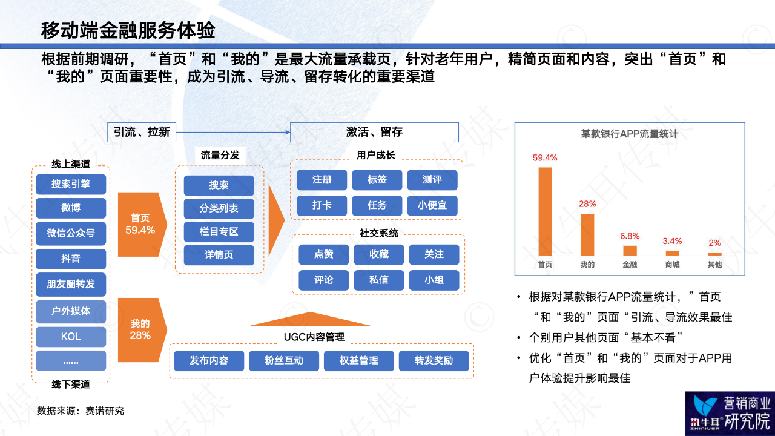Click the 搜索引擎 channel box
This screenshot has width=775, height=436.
pyautogui.click(x=71, y=184)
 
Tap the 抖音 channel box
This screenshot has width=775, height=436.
pyautogui.click(x=71, y=259)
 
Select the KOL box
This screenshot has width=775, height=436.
pyautogui.click(x=71, y=336)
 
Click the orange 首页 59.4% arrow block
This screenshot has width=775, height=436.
pyautogui.click(x=142, y=224)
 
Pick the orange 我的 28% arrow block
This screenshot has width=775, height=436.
pyautogui.click(x=142, y=330)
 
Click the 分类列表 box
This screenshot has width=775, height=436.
pyautogui.click(x=219, y=208)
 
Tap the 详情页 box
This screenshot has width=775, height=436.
pyautogui.click(x=219, y=255)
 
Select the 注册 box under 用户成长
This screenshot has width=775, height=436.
pyautogui.click(x=322, y=180)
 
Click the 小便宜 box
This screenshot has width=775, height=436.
pyautogui.click(x=432, y=205)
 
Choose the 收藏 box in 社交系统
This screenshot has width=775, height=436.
pyautogui.click(x=379, y=254)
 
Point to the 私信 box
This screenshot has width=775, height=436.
pyautogui.click(x=379, y=280)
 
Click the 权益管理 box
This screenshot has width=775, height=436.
pyautogui.click(x=359, y=361)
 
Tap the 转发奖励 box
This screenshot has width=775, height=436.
pyautogui.click(x=434, y=361)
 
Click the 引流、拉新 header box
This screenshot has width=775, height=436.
pyautogui.click(x=142, y=132)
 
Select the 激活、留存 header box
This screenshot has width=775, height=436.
pyautogui.click(x=374, y=132)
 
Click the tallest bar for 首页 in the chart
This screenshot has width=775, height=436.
pyautogui.click(x=545, y=211)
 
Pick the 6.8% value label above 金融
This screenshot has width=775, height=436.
pyautogui.click(x=630, y=236)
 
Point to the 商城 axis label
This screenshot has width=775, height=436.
pyautogui.click(x=672, y=265)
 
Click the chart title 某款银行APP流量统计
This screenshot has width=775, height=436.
pyautogui.click(x=629, y=134)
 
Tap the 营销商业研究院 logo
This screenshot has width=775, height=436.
pyautogui.click(x=730, y=414)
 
